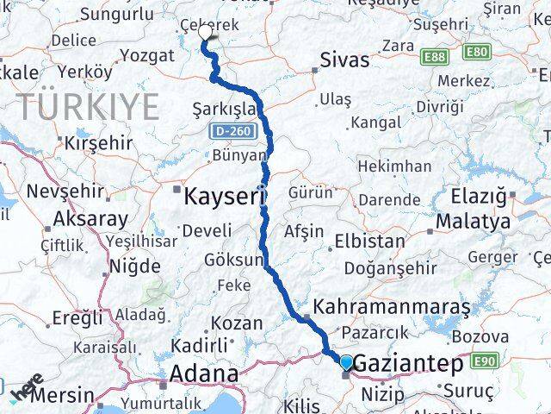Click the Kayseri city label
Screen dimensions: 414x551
(x=223, y=197)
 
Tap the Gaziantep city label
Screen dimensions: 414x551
(x=408, y=364)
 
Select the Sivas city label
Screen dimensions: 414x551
(x=344, y=60)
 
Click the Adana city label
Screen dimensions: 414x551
(x=204, y=374)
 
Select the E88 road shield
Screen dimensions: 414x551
(x=435, y=57)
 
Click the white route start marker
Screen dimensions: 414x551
(x=206, y=32)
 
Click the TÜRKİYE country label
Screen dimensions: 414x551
(x=89, y=108)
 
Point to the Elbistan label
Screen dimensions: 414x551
(x=369, y=241)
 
